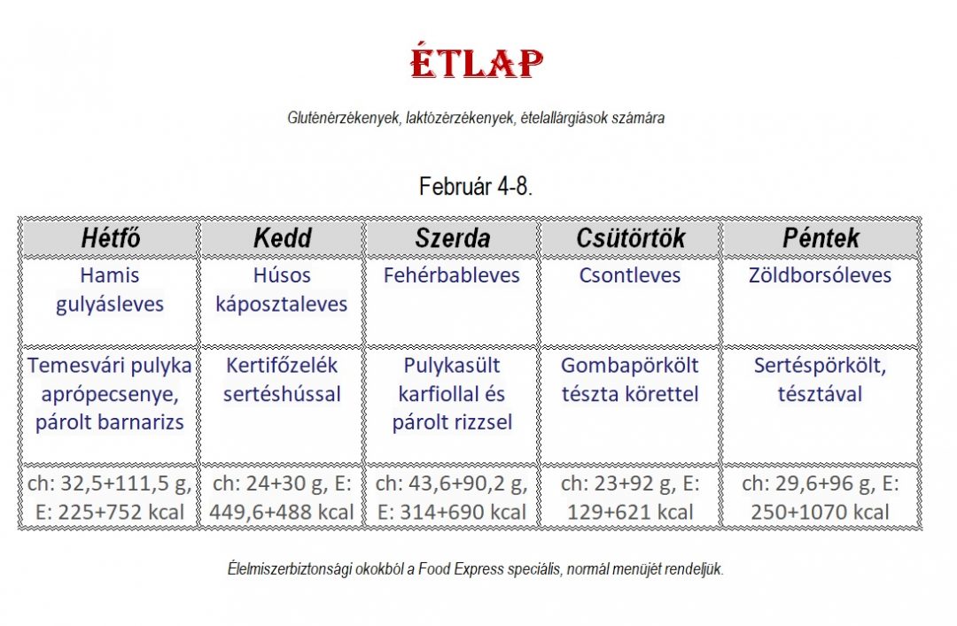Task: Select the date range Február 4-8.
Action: point(476,185)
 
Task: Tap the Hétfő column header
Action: point(111,238)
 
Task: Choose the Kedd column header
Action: point(283,238)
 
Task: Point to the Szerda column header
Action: point(452,238)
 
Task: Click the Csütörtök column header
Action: point(631,238)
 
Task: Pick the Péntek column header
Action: point(821,238)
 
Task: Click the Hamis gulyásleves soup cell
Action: point(110,290)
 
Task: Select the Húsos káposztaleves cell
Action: point(282,290)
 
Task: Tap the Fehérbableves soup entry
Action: point(452,275)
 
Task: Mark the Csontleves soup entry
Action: point(630,275)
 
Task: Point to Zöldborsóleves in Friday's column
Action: point(821,275)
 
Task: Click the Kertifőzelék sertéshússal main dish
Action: point(282,380)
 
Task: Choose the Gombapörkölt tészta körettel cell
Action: point(630,380)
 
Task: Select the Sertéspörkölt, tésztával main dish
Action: point(821,380)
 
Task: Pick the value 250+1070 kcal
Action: point(821,512)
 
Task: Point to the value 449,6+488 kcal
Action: point(282,512)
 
